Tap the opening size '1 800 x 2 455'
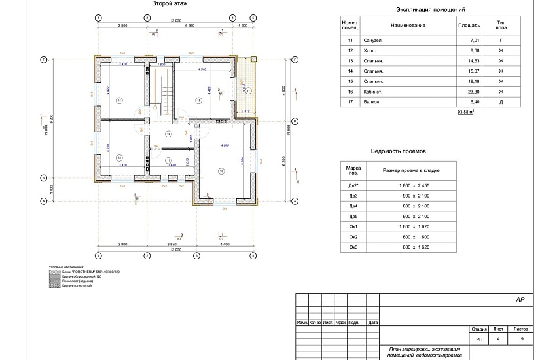click(x=414, y=187)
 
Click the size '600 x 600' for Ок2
click(x=414, y=236)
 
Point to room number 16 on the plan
click(x=222, y=171)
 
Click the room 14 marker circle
click(x=119, y=100)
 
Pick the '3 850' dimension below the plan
click(x=172, y=245)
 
